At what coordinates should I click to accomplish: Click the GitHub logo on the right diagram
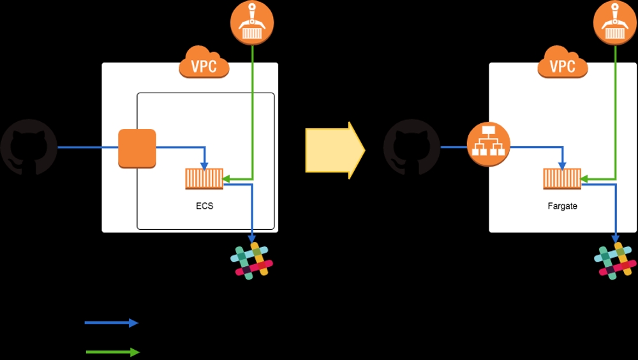tap(411, 147)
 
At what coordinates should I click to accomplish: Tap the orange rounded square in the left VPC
tap(137, 148)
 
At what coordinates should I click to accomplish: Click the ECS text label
tap(204, 206)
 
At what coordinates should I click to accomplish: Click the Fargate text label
tap(562, 206)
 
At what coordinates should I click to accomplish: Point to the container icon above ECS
tap(204, 179)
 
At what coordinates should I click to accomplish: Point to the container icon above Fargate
tap(562, 179)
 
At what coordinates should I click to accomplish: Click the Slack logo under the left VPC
tap(251, 261)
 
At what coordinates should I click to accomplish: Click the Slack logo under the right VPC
tap(615, 261)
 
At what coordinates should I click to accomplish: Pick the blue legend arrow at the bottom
tap(112, 323)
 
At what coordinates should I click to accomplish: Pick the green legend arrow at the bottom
tap(112, 352)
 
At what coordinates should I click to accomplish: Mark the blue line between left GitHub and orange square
tap(87, 147)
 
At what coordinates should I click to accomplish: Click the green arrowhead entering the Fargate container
tap(585, 179)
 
